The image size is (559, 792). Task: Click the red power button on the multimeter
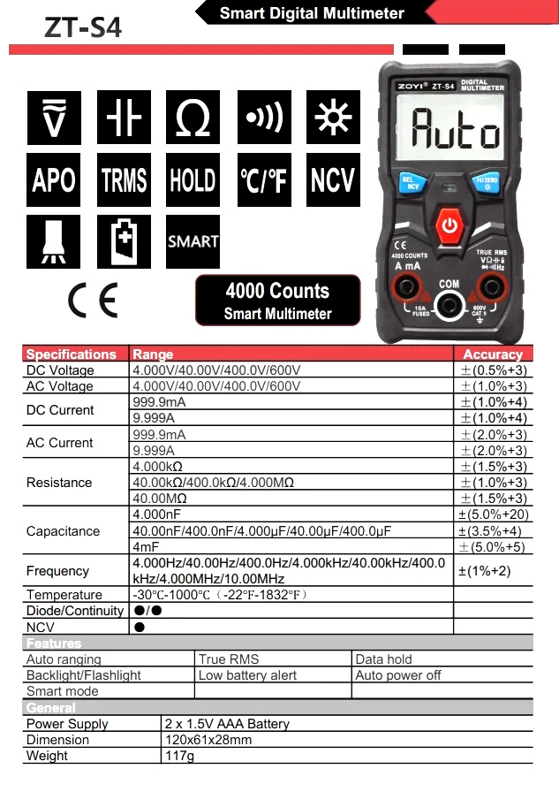[x=450, y=225]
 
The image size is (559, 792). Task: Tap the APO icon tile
[x=53, y=180]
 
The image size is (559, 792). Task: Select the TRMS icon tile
[x=124, y=180]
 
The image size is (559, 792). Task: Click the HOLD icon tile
[x=193, y=180]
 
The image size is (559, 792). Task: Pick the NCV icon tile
[x=332, y=180]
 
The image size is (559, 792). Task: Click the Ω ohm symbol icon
[x=193, y=118]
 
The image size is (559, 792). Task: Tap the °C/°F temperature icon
[x=263, y=180]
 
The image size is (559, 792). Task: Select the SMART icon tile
[x=193, y=240]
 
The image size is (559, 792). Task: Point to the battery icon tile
[x=124, y=240]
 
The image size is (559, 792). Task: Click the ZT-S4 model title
[x=83, y=28]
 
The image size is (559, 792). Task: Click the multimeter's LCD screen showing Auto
[x=450, y=132]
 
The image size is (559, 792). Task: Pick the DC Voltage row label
[x=60, y=370]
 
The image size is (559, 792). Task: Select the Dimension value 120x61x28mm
[x=208, y=740]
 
